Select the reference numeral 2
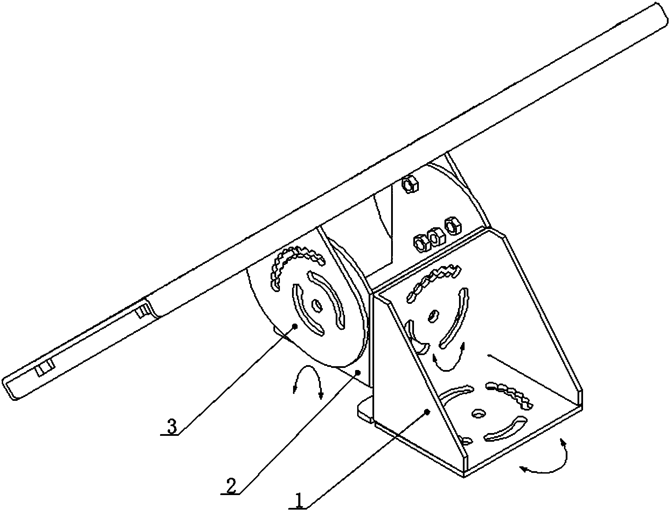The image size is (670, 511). click(x=231, y=486)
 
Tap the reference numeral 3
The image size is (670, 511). click(x=172, y=426)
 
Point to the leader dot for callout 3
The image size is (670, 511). click(x=295, y=326)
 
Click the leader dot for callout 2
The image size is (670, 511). click(x=359, y=372)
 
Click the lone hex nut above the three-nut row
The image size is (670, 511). click(x=411, y=184)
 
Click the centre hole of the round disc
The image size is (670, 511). click(x=317, y=305)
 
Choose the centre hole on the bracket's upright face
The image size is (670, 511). click(x=433, y=316)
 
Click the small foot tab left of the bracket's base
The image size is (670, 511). click(x=365, y=409)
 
